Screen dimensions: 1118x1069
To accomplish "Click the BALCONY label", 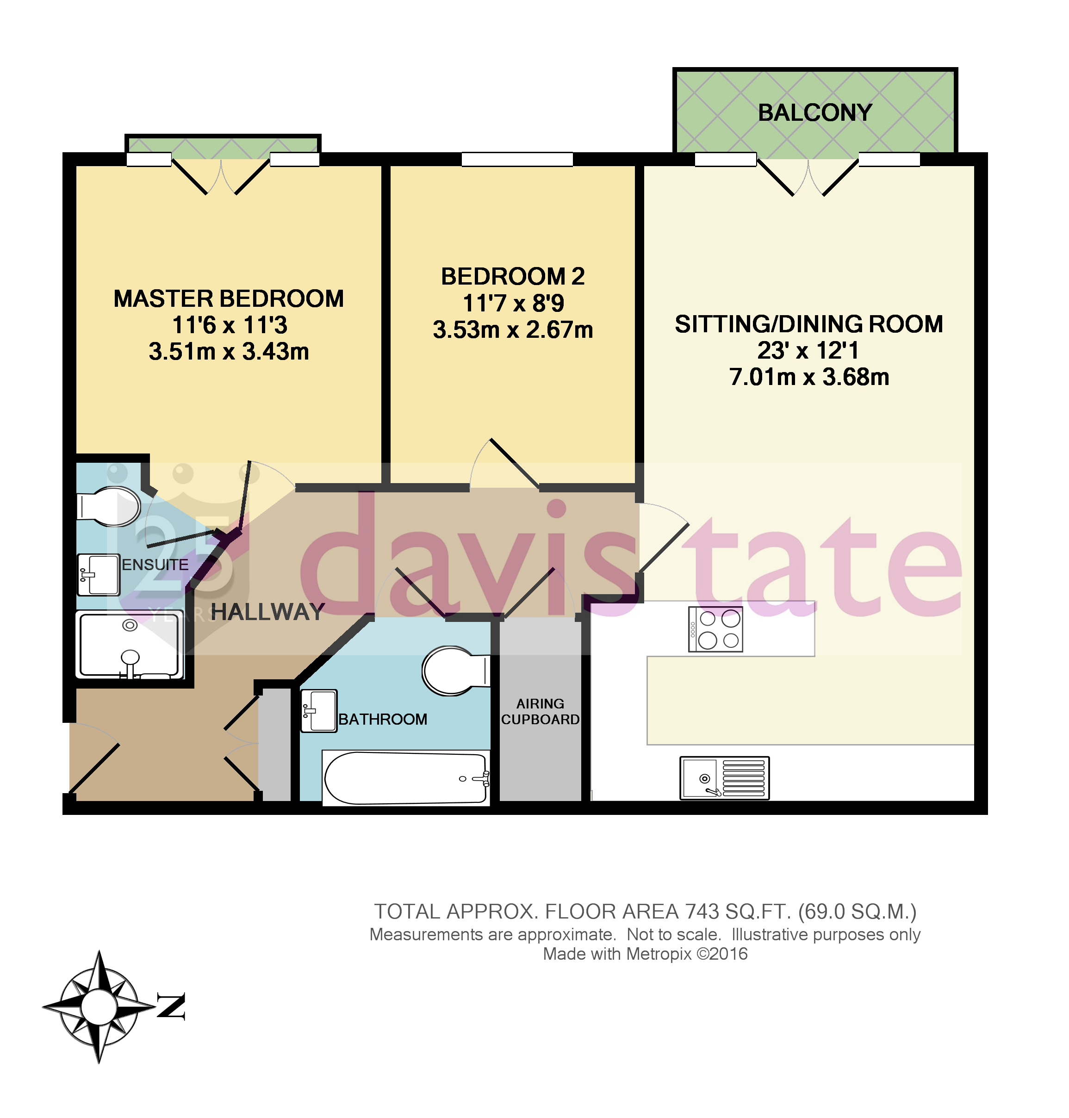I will (x=814, y=113).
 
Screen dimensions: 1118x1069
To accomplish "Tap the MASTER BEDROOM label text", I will (x=229, y=298).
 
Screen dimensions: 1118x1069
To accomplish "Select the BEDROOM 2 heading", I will (x=513, y=276).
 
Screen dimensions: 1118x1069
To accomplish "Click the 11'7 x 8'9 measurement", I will (x=513, y=303).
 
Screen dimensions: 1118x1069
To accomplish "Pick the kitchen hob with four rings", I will (x=716, y=629).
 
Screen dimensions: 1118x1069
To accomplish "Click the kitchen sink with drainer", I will (x=724, y=778).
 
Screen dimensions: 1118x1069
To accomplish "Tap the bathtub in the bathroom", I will (x=406, y=778).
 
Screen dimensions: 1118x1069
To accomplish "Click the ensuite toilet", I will (x=110, y=506).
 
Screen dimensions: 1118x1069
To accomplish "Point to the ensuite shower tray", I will (x=130, y=645).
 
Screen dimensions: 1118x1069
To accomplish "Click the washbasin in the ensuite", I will (x=99, y=574).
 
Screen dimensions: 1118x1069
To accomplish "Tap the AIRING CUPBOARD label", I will (x=540, y=712).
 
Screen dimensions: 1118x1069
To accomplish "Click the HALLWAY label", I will (x=267, y=612).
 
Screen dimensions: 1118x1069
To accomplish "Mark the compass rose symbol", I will (x=99, y=1007).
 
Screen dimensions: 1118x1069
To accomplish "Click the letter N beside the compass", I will (x=171, y=1007).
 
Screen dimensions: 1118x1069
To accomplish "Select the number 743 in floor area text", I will (x=702, y=912).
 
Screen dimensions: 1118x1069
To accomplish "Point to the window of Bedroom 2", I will (x=517, y=160).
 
